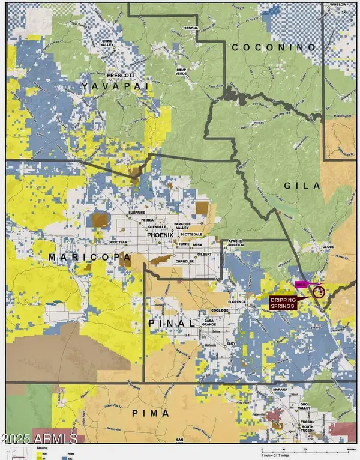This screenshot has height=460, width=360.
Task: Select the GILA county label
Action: pyautogui.click(x=304, y=186)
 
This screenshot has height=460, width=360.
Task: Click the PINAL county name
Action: pyautogui.click(x=172, y=323)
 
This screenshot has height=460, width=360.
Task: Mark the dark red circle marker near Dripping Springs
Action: pyautogui.click(x=317, y=292)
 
